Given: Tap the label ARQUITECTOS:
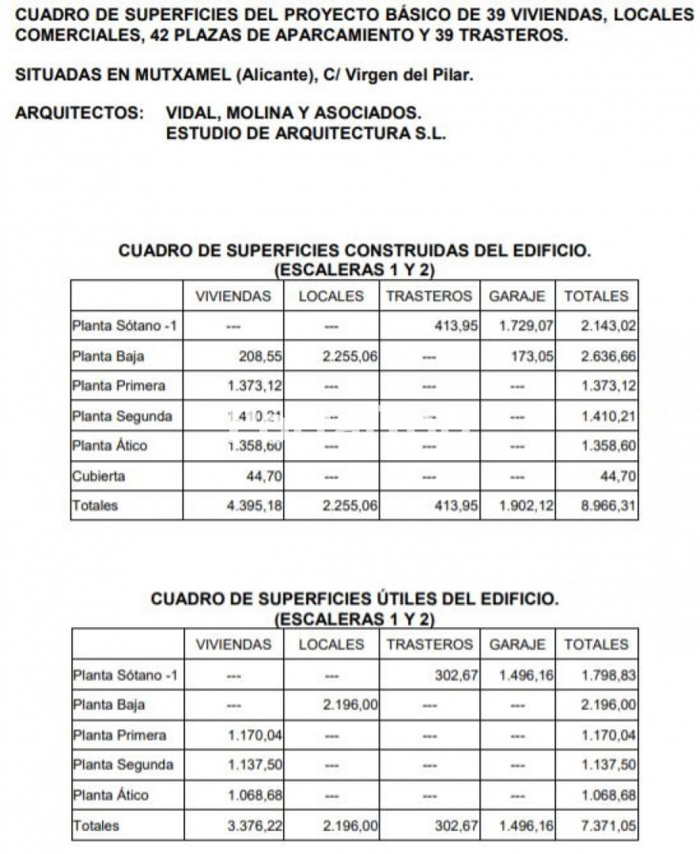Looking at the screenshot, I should (x=79, y=113).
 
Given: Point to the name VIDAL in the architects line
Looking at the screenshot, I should (x=191, y=113).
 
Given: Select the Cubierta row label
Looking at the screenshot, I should (x=98, y=476).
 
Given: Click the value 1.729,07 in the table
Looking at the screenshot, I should (x=527, y=325).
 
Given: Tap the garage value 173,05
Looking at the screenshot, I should (x=532, y=357).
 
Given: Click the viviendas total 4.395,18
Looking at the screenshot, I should (x=255, y=506).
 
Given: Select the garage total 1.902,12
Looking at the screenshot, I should (x=527, y=506).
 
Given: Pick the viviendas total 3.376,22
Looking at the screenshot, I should (x=255, y=826).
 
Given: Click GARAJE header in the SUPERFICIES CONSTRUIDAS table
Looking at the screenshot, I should (x=517, y=297).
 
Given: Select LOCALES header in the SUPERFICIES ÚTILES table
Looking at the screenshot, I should (x=331, y=644).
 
